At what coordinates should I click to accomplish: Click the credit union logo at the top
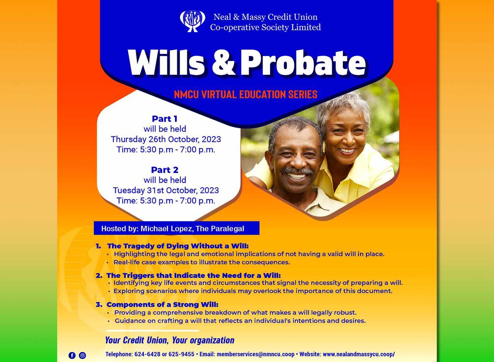tap(192, 21)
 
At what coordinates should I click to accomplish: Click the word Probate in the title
tap(303, 63)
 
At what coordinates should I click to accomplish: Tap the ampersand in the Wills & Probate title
tap(223, 63)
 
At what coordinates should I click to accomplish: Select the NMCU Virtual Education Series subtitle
tap(246, 94)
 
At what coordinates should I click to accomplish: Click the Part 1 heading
tap(165, 119)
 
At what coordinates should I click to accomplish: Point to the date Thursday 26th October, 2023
tap(166, 139)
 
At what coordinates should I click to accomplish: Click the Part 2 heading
tap(165, 170)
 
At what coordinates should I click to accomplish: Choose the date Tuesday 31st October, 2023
tap(166, 190)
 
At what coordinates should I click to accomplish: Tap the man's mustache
tap(297, 171)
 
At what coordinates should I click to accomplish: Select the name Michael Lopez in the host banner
tap(166, 228)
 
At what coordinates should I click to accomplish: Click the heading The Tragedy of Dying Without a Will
tap(178, 246)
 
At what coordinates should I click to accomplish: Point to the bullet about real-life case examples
tap(202, 262)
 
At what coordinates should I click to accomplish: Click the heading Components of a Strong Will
tap(162, 305)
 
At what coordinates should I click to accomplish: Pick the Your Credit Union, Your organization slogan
tap(170, 340)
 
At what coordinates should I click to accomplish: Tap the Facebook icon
tap(72, 355)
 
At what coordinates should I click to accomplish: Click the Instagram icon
tap(82, 355)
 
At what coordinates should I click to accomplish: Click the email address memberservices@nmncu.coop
tap(256, 354)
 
